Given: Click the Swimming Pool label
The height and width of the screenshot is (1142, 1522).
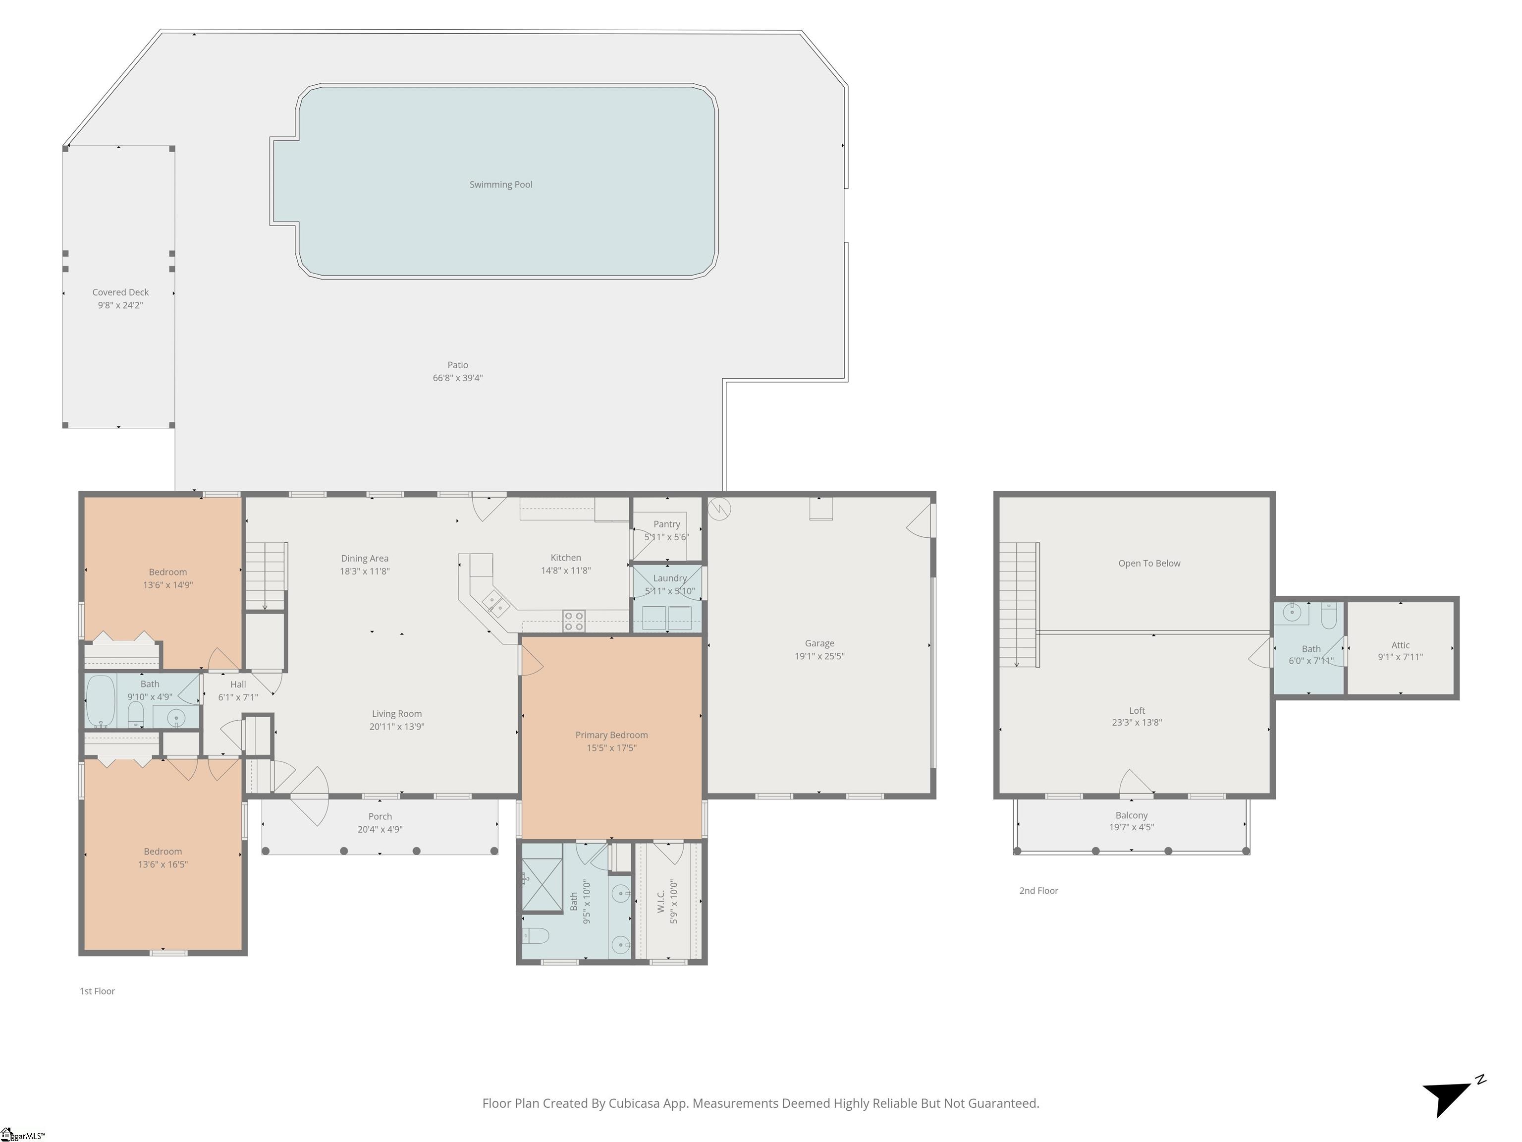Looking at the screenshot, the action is click(x=501, y=184).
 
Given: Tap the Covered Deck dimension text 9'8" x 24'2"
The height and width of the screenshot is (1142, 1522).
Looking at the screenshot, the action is click(x=120, y=305).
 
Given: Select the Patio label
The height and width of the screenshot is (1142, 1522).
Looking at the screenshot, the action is click(x=458, y=365).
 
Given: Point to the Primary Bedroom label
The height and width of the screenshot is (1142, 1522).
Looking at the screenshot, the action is click(x=612, y=735).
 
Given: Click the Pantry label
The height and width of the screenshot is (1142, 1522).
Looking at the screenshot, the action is click(x=667, y=524).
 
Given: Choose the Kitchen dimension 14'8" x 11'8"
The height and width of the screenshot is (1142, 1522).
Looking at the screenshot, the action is click(x=566, y=571).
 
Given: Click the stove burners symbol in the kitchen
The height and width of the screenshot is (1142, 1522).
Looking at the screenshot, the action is click(x=574, y=621).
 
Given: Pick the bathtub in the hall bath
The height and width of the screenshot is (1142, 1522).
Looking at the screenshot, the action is click(x=101, y=701).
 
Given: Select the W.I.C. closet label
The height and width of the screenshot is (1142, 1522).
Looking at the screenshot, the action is click(x=660, y=901).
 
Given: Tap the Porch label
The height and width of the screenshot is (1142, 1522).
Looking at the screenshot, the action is click(x=380, y=816).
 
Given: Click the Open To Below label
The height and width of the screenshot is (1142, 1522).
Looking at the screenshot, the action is click(x=1149, y=563).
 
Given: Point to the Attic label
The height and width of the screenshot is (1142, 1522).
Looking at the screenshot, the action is click(x=1400, y=645).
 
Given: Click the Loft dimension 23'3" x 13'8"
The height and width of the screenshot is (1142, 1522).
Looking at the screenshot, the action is click(x=1137, y=722).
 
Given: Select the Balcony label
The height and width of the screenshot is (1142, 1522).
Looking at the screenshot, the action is click(x=1132, y=815).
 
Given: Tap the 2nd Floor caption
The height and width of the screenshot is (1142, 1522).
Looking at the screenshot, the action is click(x=1038, y=891).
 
